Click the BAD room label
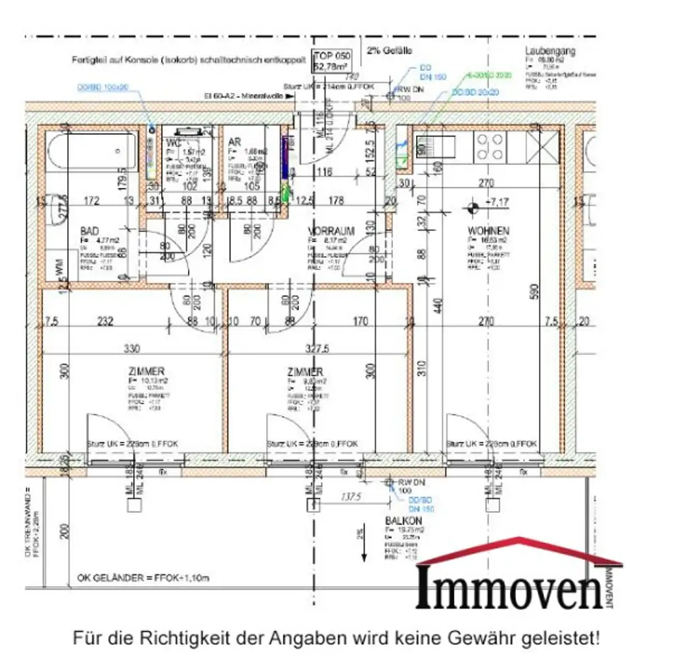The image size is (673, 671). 90,231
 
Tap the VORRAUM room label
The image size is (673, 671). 331,231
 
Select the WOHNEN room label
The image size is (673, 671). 488,231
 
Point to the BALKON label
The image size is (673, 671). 400,521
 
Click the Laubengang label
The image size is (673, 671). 550,51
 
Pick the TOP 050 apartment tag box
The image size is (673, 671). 332,61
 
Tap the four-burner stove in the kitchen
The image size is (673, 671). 490,147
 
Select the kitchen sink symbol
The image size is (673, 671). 434,147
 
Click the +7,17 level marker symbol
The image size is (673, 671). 472,209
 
